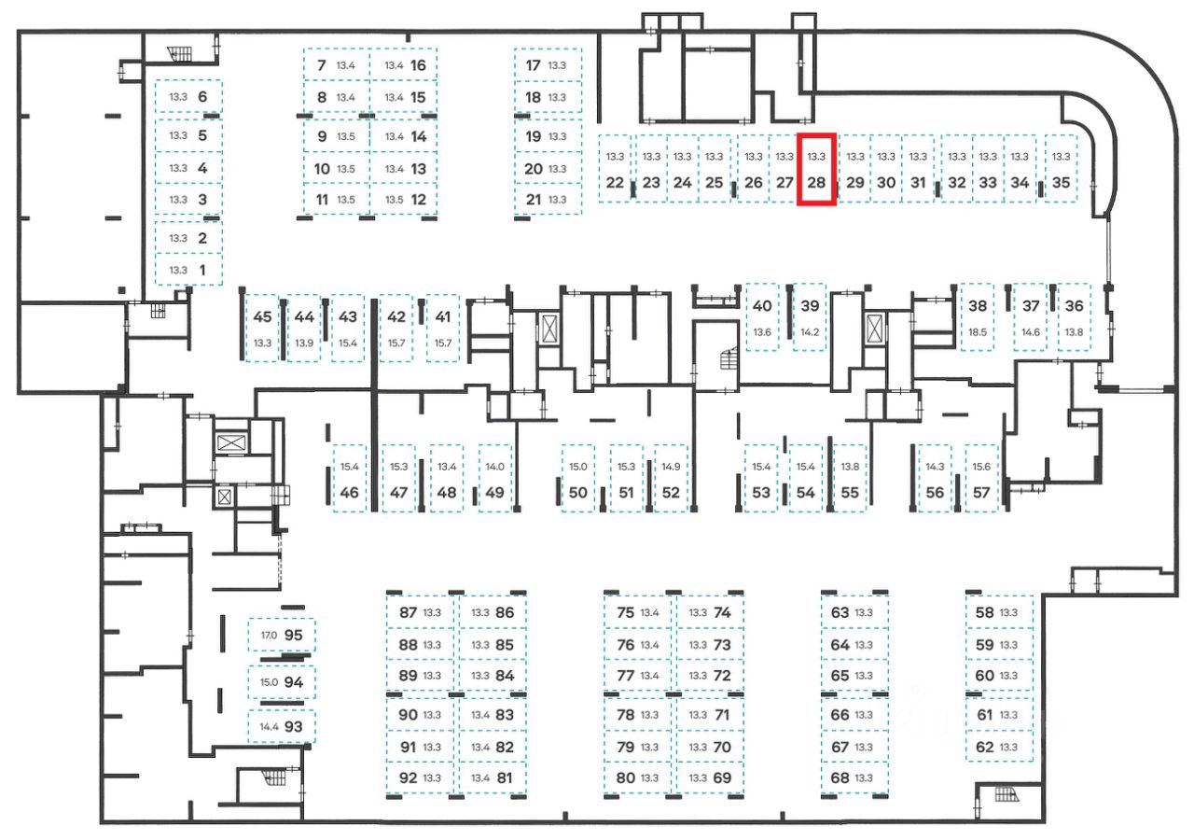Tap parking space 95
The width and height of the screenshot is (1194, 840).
point(282,636)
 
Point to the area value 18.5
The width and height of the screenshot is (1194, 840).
point(978,332)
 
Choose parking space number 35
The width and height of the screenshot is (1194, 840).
point(1061,170)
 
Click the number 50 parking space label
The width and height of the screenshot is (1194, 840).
point(578,492)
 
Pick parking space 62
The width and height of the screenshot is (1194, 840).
point(999,747)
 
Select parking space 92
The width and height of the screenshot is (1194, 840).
point(419,777)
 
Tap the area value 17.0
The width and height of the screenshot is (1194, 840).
point(269,636)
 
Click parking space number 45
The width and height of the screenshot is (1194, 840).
point(263,327)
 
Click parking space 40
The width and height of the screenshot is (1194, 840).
point(762,317)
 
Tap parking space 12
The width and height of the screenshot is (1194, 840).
point(404,199)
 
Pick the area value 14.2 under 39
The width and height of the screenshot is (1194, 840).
point(809,332)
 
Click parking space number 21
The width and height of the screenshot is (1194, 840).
point(548,199)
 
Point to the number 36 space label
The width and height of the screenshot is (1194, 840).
point(1075,305)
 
